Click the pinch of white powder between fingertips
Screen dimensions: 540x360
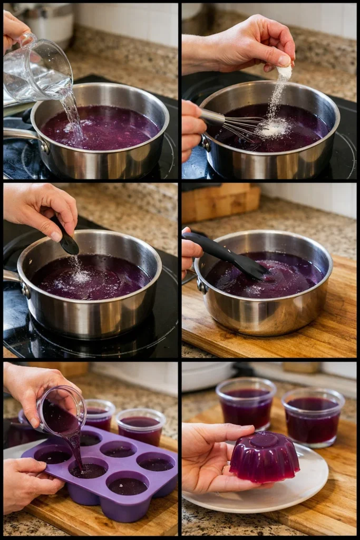click(x=285, y=72)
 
